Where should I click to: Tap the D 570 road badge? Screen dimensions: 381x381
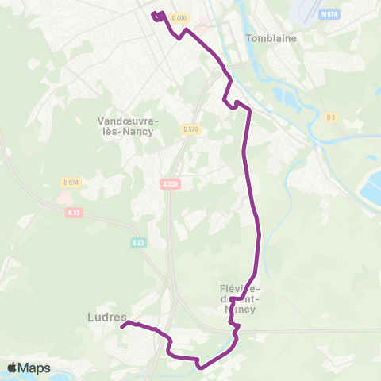(x=189, y=129)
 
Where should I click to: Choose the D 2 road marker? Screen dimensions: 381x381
(x=331, y=117)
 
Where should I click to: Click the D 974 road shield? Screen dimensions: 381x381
(x=71, y=182)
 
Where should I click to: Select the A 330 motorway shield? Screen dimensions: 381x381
(x=168, y=183)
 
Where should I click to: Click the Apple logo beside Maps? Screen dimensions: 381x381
(x=13, y=368)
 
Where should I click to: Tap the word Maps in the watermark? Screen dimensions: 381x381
(x=35, y=368)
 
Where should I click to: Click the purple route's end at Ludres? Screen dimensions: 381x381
(x=121, y=325)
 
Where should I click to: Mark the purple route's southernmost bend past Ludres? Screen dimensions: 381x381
(x=200, y=367)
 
